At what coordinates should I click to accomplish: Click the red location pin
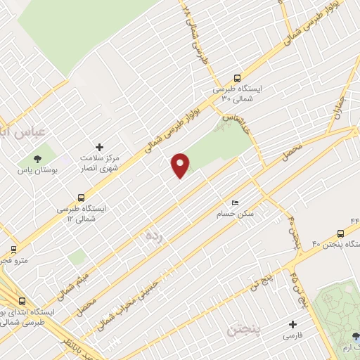[x=181, y=165]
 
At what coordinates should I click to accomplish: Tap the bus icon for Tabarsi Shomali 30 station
[x=237, y=79]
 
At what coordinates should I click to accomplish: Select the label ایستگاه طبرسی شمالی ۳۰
[x=237, y=95]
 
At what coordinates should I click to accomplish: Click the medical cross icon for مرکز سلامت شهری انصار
[x=99, y=148]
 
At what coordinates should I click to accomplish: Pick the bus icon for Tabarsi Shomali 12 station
[x=80, y=198]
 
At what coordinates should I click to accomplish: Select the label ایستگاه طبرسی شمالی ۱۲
[x=80, y=213]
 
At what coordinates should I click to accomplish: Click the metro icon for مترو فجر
[x=13, y=249]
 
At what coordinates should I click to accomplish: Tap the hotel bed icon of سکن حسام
[x=235, y=202]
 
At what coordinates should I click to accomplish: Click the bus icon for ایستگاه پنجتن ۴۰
[x=340, y=232]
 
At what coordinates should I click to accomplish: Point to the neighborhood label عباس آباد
[x=20, y=131]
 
